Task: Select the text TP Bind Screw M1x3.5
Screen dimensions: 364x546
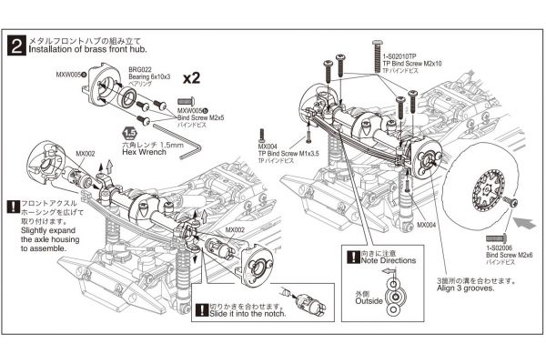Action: tap(291, 154)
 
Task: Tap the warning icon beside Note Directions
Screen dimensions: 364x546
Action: tap(352, 257)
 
